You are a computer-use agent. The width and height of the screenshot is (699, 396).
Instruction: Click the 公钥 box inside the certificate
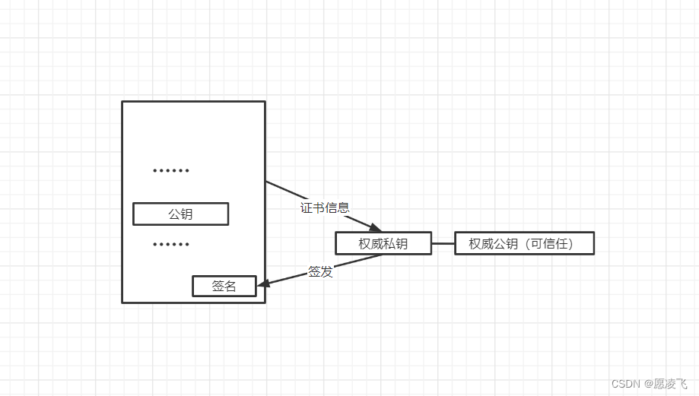click(x=180, y=214)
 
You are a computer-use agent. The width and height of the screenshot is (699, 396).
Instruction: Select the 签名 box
click(x=224, y=286)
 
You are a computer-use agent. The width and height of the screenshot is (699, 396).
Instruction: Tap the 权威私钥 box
click(x=383, y=243)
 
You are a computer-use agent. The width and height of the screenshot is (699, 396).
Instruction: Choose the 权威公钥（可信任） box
click(x=523, y=243)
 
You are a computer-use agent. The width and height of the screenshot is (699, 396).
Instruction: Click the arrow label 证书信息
click(x=325, y=208)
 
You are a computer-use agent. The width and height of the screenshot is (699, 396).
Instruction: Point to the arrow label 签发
click(x=320, y=271)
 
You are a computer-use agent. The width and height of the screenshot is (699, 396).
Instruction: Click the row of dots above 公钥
click(x=171, y=170)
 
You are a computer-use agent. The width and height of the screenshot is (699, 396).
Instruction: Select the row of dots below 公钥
click(x=171, y=244)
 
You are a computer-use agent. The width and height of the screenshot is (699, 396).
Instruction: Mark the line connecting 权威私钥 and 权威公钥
click(x=443, y=243)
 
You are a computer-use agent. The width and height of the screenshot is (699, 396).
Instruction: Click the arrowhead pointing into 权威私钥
click(x=374, y=227)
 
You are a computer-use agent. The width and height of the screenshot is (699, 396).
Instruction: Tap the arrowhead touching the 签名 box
click(x=263, y=284)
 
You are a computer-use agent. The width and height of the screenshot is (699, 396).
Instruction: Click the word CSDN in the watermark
click(x=624, y=384)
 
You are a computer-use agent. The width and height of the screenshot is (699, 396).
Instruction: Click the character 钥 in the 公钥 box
click(x=186, y=214)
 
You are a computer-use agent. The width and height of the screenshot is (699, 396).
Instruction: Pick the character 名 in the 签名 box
click(x=230, y=286)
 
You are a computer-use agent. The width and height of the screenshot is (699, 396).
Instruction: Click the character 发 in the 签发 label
click(x=326, y=271)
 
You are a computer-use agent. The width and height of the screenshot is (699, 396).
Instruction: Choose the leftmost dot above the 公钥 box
click(x=154, y=170)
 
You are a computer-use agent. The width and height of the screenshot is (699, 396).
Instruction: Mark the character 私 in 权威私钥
click(x=389, y=243)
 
